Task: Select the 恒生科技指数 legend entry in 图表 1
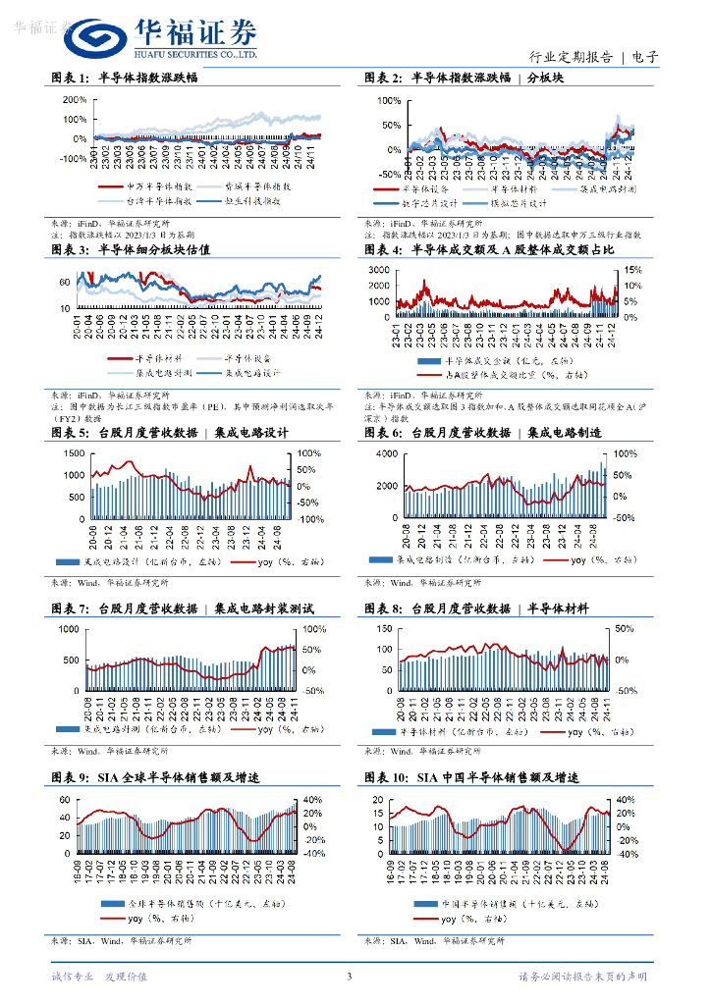tap(242, 200)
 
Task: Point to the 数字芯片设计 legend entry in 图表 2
tap(418, 204)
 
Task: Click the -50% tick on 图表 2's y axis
tap(388, 174)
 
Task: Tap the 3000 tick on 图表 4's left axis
tap(379, 270)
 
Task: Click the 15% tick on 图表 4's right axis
tap(634, 270)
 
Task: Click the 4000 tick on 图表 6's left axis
tap(386, 453)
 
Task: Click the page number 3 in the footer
tap(349, 976)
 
